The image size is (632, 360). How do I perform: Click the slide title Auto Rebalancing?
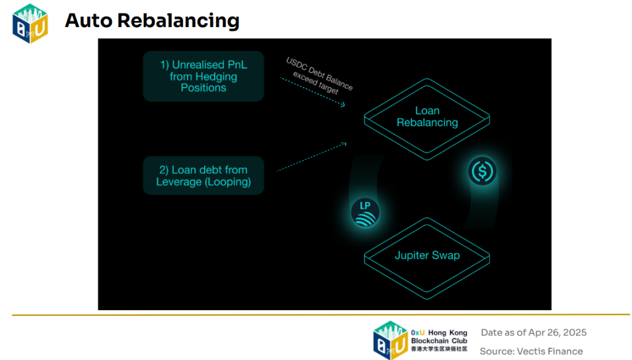[152, 20]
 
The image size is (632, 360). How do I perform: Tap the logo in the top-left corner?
[30, 23]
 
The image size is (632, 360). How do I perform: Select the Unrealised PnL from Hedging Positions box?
[203, 76]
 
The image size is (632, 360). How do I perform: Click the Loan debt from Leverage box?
[203, 176]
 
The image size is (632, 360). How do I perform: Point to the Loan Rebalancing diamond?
[427, 117]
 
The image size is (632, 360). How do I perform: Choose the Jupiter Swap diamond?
[427, 255]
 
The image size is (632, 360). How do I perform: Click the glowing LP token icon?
[365, 212]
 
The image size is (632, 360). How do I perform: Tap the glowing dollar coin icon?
[481, 170]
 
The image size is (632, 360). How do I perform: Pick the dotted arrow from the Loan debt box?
[311, 155]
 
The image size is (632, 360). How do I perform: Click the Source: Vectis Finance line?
[531, 351]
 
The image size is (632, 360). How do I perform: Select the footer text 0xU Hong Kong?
[439, 332]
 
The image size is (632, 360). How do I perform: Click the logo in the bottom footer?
[390, 340]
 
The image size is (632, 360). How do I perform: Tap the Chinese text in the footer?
[439, 349]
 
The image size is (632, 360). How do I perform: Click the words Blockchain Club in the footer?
[439, 341]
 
